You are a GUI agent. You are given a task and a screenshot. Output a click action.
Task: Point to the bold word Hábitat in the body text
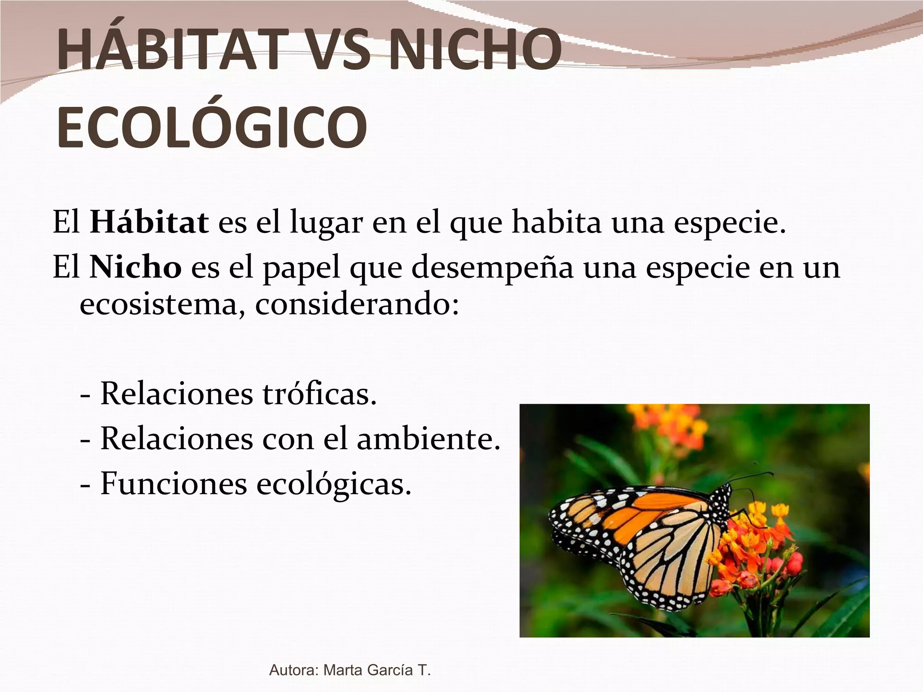coord(149,223)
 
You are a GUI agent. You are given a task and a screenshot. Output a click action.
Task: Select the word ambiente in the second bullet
coord(429,438)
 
